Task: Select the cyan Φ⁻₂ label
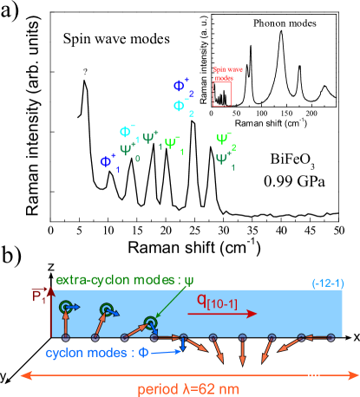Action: coord(182,107)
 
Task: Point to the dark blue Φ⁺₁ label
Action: coord(108,161)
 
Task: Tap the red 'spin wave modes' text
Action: coord(223,74)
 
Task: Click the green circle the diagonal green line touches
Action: coord(151,323)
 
